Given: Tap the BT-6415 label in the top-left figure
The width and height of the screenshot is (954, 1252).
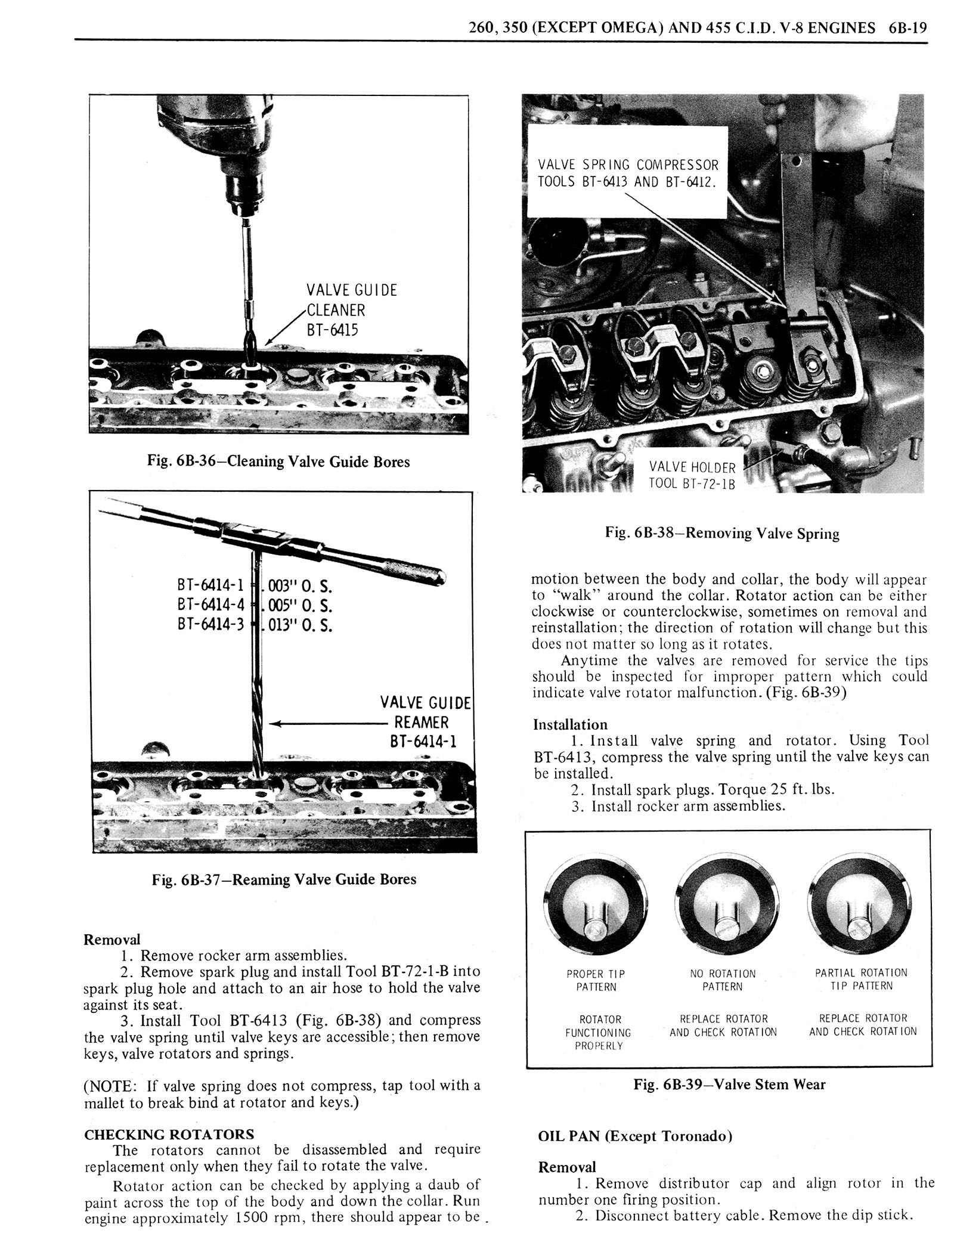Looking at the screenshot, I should click(333, 330).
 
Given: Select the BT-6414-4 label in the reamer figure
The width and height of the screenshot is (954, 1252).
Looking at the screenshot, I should click(211, 605).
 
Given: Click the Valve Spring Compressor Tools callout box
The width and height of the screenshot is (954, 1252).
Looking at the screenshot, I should click(627, 173).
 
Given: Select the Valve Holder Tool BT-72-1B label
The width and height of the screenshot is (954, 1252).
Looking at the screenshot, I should click(692, 475).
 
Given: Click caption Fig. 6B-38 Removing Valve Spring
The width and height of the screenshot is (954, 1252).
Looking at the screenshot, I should click(722, 533).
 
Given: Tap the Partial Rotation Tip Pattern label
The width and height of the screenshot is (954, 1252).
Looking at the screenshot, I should click(861, 980).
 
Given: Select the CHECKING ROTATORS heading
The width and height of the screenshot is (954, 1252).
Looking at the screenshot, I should click(169, 1135).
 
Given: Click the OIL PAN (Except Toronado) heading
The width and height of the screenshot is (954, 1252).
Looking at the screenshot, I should click(635, 1136).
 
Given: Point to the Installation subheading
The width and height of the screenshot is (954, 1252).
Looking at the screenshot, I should click(570, 725).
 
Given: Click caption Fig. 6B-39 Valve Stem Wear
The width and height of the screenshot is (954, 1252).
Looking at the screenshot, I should click(729, 1084).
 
